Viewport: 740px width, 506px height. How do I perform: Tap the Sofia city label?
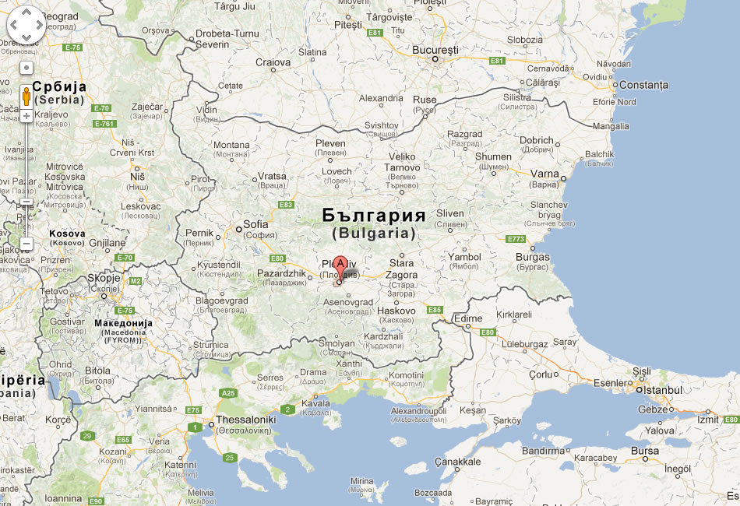click(255, 225)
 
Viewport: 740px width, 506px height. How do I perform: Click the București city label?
click(435, 50)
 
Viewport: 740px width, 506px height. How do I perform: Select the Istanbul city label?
click(661, 390)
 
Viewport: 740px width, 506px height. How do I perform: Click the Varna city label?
click(544, 174)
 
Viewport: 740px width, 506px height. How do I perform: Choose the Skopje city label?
click(104, 278)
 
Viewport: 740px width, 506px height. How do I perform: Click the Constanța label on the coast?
click(644, 85)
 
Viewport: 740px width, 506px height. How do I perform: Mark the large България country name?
click(374, 215)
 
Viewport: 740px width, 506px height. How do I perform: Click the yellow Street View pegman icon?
click(26, 96)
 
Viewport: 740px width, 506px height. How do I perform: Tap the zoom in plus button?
click(26, 116)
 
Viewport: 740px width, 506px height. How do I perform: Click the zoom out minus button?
click(26, 244)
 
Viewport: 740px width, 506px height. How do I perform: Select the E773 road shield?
click(516, 239)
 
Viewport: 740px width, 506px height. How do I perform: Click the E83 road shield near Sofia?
click(285, 205)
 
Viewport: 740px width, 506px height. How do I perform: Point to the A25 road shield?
click(228, 393)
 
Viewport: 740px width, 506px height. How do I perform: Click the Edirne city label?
click(468, 318)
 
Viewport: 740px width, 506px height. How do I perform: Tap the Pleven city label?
click(329, 144)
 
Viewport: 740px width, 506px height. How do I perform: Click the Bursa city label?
click(645, 451)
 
